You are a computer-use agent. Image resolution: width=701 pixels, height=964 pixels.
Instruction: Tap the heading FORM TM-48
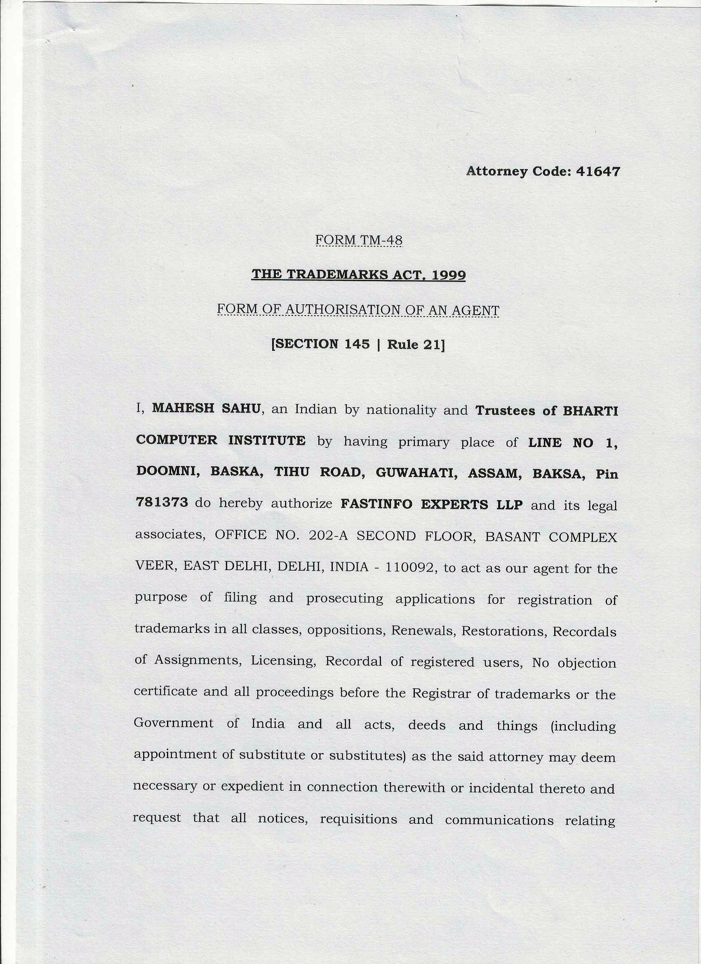click(359, 240)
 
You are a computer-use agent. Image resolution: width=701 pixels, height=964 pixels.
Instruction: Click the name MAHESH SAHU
click(206, 409)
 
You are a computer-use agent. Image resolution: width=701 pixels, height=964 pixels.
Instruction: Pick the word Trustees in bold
click(505, 411)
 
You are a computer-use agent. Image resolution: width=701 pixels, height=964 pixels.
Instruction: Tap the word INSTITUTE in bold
click(267, 440)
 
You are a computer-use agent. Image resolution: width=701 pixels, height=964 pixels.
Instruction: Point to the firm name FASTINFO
click(376, 505)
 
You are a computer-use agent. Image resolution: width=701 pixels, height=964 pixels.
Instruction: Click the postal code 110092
click(411, 568)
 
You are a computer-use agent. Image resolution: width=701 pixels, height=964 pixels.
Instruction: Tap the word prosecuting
click(344, 598)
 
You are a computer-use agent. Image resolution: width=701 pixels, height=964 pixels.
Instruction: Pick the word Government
click(174, 723)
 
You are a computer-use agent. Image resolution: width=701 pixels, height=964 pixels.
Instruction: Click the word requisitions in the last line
click(358, 819)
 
